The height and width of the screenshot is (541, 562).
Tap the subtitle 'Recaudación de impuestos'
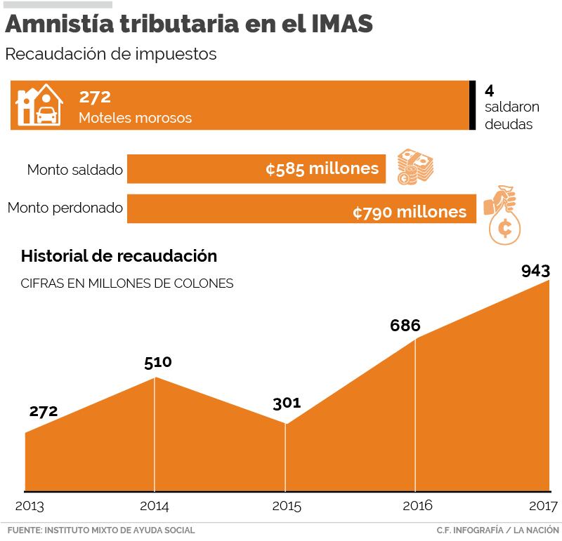[x=111, y=54]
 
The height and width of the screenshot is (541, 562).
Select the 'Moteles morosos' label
[x=135, y=118]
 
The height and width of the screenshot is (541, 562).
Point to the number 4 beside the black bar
[x=490, y=90]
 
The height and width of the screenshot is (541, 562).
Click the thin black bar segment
[x=473, y=105]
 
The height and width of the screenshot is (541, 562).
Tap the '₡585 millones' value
[x=322, y=169]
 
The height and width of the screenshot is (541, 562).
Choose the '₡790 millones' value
[x=410, y=211]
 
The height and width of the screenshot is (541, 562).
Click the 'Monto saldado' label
[x=74, y=169]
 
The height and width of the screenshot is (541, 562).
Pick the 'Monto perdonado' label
[x=65, y=208]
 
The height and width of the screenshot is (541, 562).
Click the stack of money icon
[x=415, y=167]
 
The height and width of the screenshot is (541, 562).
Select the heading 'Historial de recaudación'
[x=119, y=256]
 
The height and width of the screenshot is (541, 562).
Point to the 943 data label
[x=535, y=271]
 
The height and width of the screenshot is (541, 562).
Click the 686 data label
[x=405, y=326]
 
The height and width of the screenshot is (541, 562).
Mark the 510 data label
[x=157, y=363]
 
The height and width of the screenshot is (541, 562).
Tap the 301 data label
[x=287, y=403]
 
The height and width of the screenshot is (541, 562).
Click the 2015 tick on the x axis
[x=286, y=506]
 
